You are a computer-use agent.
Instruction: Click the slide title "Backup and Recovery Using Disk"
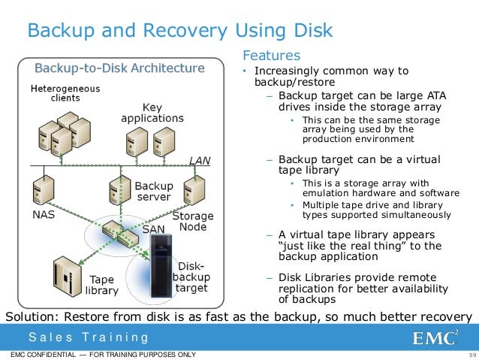coord(179,31)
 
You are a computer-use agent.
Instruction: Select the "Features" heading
coord(270,56)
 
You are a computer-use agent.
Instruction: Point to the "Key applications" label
coord(152,113)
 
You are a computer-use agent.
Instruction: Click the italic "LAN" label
coord(200,160)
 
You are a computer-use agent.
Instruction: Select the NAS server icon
coord(43,188)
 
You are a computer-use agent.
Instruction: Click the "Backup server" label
coord(153,191)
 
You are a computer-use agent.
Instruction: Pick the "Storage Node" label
coord(193,222)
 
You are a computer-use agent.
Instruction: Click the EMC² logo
coord(435,336)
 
